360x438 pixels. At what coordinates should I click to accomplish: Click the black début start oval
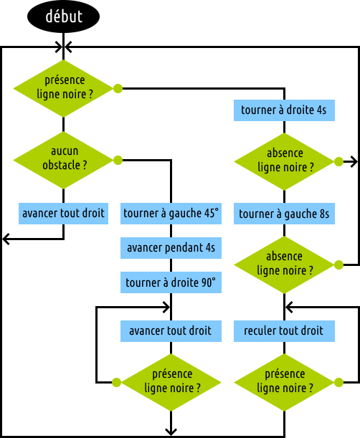tap(63, 16)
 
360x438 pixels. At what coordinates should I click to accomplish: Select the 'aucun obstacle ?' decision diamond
tap(63, 161)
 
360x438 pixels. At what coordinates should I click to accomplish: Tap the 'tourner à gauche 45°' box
tap(171, 214)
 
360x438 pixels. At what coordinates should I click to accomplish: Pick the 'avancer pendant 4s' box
tap(171, 248)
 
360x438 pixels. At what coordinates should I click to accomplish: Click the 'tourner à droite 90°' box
tap(171, 282)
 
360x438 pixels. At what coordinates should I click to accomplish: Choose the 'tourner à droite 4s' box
tap(284, 110)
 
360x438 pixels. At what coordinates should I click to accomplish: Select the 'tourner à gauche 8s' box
tap(284, 214)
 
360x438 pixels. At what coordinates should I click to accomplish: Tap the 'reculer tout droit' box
tap(284, 331)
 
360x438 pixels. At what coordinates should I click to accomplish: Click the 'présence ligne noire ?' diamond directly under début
tap(63, 89)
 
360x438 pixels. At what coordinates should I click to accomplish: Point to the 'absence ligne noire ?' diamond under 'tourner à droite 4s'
tap(284, 161)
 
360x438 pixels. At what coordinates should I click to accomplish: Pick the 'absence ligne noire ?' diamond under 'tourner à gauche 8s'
tap(284, 265)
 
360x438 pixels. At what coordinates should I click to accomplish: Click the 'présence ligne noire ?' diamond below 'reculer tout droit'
tap(284, 382)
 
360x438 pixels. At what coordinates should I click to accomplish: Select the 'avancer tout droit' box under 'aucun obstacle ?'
tap(63, 214)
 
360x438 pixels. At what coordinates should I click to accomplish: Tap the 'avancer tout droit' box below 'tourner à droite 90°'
tap(171, 331)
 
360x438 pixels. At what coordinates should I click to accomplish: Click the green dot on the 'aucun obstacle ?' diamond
tap(118, 161)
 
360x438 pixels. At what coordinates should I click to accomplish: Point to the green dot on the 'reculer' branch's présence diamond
tap(338, 382)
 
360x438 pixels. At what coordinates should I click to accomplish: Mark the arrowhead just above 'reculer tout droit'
tap(288, 308)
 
